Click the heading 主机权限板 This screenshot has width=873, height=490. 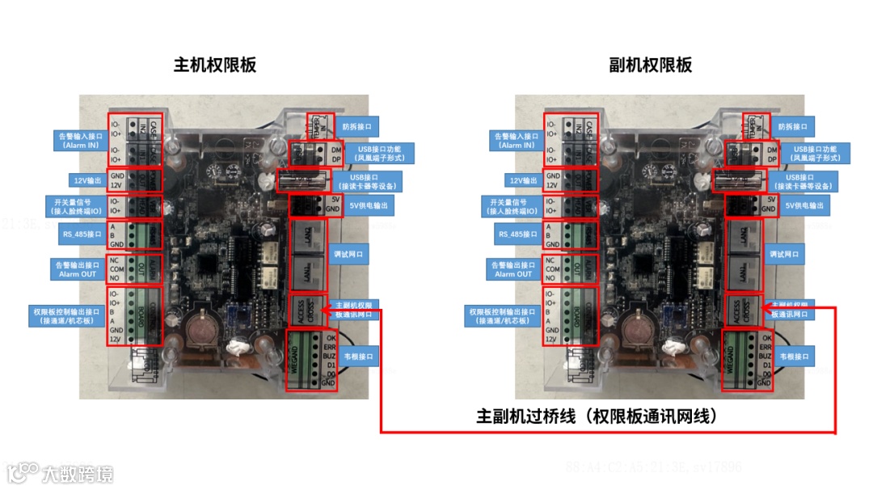[215, 65]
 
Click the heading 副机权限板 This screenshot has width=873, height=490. [651, 65]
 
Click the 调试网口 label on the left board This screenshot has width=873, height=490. [348, 253]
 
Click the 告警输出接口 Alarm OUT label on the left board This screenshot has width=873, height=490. [79, 269]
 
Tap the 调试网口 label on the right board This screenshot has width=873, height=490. [785, 253]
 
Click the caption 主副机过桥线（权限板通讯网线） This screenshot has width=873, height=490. [597, 416]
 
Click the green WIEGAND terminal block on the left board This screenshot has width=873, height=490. [307, 360]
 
